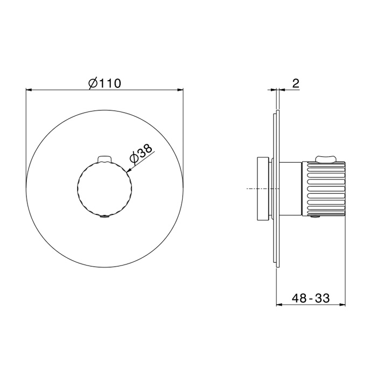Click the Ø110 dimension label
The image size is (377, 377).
tap(104, 83)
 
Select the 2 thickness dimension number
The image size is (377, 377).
tap(296, 83)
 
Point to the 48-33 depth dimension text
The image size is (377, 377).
tap(311, 298)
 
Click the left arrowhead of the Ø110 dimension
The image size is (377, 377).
tap(29, 90)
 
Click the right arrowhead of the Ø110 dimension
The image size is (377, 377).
tap(180, 90)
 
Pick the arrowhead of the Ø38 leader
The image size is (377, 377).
tap(128, 171)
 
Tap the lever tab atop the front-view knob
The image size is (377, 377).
tap(104, 159)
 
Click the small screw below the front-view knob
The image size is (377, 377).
tap(104, 217)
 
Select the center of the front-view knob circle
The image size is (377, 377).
tap(104, 188)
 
